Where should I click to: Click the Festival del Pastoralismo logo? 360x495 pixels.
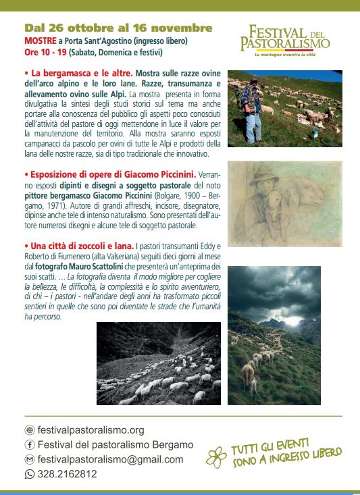tap(285, 41)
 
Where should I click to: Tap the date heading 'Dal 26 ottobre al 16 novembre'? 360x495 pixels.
tap(118, 28)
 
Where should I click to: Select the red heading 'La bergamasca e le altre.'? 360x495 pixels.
tap(78, 72)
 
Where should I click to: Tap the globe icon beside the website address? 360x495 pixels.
tap(29, 430)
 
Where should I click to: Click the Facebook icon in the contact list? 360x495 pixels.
tap(29, 444)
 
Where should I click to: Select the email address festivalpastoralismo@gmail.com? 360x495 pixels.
tap(110, 459)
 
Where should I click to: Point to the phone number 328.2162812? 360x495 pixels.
tap(67, 474)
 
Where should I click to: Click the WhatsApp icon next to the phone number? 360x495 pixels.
tap(29, 474)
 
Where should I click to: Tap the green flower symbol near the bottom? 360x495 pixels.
tap(216, 457)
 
